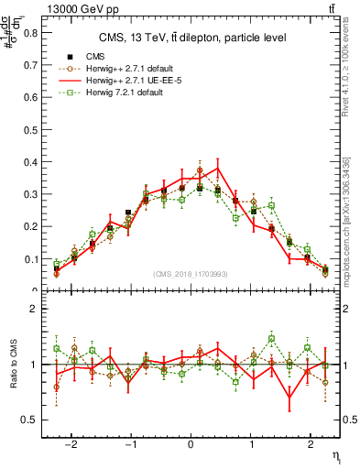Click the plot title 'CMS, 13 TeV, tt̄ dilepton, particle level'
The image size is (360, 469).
(193, 38)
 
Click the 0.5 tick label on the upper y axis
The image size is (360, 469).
(29, 129)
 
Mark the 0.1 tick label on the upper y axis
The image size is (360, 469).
(29, 259)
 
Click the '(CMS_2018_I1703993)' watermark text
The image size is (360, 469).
(191, 274)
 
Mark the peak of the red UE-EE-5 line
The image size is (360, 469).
(218, 167)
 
